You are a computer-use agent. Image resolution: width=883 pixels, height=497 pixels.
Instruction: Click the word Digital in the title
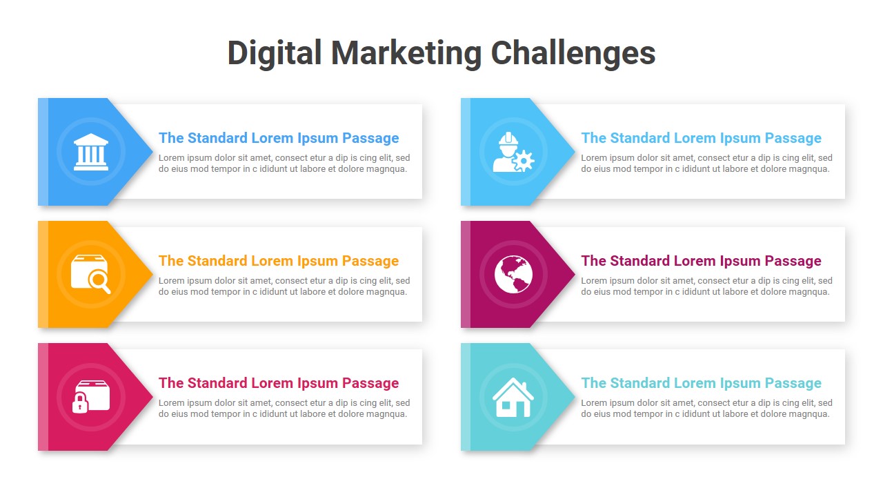274,54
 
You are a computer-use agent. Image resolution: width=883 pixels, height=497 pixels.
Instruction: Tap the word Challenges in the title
573,54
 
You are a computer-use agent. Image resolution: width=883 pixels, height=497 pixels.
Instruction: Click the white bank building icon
90,152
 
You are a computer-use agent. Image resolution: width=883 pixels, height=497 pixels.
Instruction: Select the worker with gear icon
513,152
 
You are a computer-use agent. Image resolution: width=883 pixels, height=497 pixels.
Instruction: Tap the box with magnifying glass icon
90,274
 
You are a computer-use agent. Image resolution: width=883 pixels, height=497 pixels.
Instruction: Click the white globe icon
513,274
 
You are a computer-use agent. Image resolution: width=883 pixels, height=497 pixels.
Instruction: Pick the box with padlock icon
90,396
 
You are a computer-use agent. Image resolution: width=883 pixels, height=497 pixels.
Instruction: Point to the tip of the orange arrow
152,274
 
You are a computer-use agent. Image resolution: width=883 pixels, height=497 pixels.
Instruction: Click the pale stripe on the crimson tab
43,397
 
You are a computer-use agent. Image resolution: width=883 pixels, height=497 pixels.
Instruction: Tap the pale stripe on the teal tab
466,397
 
